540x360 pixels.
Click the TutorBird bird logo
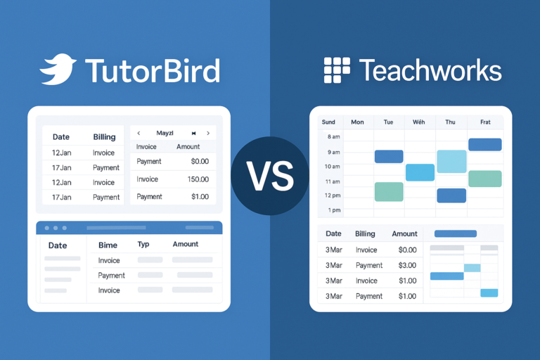pos(58,71)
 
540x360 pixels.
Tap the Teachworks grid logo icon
pos(337,70)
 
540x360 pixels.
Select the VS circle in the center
pos(270,176)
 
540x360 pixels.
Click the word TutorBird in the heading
pos(152,71)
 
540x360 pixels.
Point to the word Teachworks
pos(430,70)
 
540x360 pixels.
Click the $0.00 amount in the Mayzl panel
pos(200,162)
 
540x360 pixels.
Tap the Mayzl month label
pos(165,133)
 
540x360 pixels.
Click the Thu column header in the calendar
pos(450,122)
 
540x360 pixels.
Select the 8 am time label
pos(331,137)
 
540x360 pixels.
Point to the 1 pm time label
pos(333,210)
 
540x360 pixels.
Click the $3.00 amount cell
pos(406,265)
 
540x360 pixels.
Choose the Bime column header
pos(108,245)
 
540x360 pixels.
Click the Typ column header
pos(143,245)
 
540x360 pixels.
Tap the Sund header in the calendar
pos(328,122)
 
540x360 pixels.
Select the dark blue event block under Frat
pos(484,145)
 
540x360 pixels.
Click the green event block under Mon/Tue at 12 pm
pos(389,191)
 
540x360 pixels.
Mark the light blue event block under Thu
pos(451,161)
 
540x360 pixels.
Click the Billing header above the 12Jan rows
pos(104,137)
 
